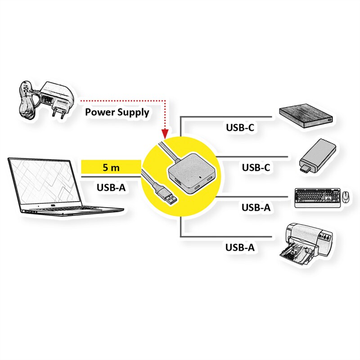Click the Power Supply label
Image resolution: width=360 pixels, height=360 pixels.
tap(117, 112)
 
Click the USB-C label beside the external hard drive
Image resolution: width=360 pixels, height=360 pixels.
tap(240, 127)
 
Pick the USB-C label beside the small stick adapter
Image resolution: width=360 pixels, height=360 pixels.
tap(256, 168)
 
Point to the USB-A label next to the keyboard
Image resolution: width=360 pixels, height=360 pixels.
tap(256, 207)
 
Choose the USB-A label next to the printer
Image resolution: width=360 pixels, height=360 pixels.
tap(240, 247)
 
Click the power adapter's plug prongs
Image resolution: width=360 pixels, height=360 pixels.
tap(58, 112)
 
